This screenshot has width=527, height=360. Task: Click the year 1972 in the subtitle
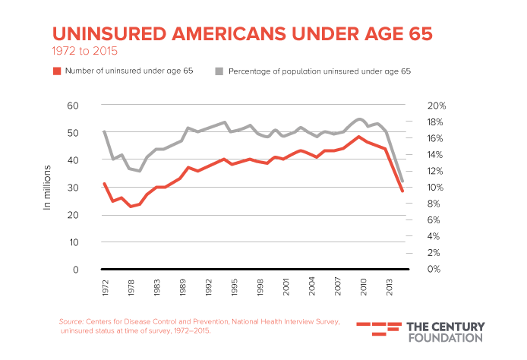(x=64, y=52)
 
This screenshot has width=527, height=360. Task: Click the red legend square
(x=57, y=71)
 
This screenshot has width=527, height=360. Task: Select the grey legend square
(x=219, y=71)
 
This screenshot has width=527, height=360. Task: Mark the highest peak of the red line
(x=358, y=137)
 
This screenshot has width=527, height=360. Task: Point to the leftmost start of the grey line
(x=105, y=131)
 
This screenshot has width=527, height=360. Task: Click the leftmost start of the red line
(x=105, y=183)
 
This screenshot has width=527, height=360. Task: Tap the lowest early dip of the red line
(x=131, y=206)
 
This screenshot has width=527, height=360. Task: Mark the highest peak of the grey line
(x=360, y=118)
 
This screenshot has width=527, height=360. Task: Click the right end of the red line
(x=402, y=191)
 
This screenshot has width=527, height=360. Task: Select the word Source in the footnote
(x=71, y=322)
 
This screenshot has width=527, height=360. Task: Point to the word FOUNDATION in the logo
(x=444, y=338)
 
